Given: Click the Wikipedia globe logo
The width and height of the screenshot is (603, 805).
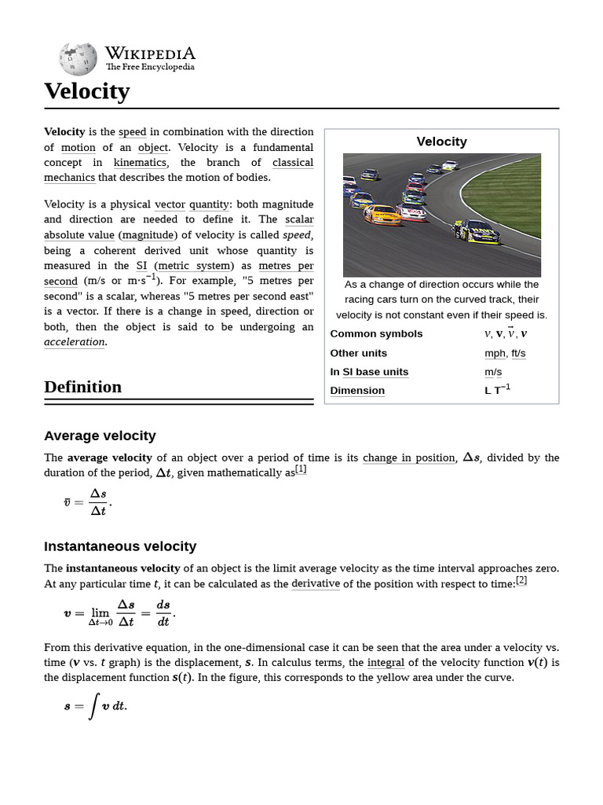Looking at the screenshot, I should (x=78, y=59).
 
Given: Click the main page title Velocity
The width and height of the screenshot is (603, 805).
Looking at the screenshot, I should (x=86, y=91).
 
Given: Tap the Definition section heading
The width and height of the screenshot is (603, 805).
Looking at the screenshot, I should (x=82, y=387).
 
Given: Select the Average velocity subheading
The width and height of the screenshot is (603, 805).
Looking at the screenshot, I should (x=100, y=436).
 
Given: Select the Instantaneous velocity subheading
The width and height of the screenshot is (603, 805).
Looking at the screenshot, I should (x=120, y=546).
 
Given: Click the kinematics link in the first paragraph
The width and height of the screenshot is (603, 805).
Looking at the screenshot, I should (x=140, y=163).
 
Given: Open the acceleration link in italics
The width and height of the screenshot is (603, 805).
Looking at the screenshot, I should (x=75, y=342).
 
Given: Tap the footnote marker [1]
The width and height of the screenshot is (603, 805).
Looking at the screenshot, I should (x=301, y=470).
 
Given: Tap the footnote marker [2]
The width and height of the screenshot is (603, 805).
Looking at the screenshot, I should (x=521, y=581).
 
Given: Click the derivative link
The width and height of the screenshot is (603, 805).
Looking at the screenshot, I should (x=316, y=583).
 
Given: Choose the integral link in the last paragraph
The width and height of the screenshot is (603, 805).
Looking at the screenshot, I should (x=386, y=663).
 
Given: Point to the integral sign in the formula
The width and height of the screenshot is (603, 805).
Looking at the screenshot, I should (x=93, y=706).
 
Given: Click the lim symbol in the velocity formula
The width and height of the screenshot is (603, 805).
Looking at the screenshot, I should (x=100, y=612).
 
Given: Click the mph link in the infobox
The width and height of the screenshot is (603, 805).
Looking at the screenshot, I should (x=495, y=354).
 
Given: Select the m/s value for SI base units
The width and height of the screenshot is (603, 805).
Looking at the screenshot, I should (x=493, y=372).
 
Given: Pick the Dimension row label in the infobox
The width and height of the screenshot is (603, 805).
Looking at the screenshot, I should (x=357, y=391).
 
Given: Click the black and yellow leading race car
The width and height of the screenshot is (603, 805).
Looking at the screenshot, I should (x=477, y=231).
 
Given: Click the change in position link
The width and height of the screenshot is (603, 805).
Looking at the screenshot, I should (x=409, y=458).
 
